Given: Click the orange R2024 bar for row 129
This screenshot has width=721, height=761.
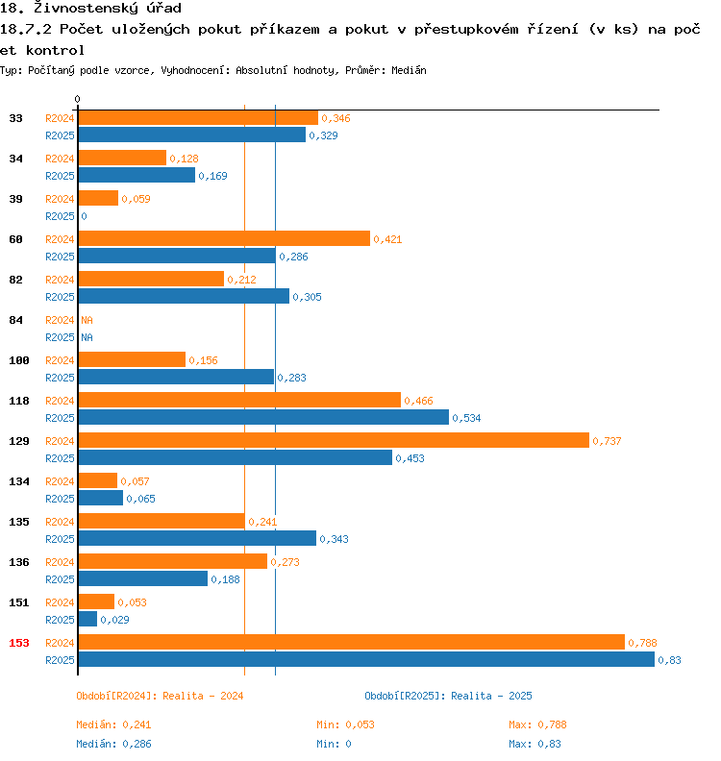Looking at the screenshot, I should point(333,440).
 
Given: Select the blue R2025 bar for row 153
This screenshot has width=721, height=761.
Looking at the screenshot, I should point(365,659).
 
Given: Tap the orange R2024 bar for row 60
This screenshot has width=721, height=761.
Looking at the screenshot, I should point(223,238).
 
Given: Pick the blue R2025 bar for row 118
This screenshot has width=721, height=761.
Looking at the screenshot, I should point(262,417).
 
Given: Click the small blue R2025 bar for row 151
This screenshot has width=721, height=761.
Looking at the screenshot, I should point(87,619).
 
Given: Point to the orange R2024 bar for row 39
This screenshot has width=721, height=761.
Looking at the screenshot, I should point(98,198).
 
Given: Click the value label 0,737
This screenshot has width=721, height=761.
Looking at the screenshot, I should point(608,441).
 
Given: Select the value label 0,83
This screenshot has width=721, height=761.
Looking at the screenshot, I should point(669,660).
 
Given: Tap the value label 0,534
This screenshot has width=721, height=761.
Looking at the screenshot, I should point(466,418).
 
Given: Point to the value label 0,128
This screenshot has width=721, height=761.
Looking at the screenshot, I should point(184,159).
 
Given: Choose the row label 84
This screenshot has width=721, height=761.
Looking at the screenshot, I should point(15,319).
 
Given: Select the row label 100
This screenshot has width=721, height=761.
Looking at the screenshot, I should point(19,359).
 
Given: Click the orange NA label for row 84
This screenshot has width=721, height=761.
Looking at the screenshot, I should point(87,320).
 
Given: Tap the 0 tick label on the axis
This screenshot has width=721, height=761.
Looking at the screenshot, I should point(78,99).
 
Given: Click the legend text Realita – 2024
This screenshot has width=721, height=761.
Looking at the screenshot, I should point(203,696).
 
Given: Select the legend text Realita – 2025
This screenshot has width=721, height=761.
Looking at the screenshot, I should point(491,696).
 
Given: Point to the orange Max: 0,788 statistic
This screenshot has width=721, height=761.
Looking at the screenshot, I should point(537,724).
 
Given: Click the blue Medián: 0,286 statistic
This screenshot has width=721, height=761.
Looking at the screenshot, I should point(113,744).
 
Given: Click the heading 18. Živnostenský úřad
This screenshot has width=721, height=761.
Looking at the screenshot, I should point(91,9).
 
